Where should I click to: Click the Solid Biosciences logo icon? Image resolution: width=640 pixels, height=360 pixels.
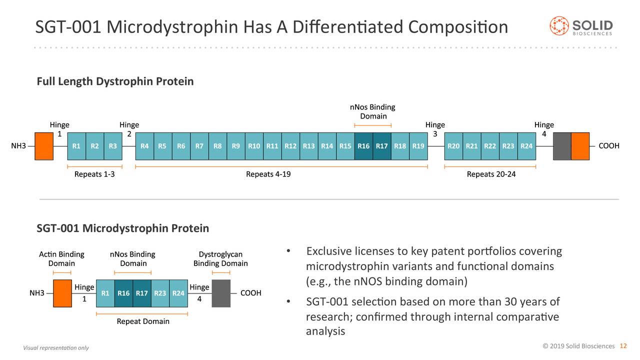tap(559, 26)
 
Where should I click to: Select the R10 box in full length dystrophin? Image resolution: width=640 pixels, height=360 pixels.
tap(254, 146)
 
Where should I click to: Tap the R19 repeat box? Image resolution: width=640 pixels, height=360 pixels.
tap(418, 146)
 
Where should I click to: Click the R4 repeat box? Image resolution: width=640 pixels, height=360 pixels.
tap(144, 146)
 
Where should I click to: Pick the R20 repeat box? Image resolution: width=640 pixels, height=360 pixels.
tap(453, 146)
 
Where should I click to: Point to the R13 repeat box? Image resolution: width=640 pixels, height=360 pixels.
tap(308, 146)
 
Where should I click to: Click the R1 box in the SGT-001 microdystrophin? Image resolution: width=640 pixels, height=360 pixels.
tap(105, 293)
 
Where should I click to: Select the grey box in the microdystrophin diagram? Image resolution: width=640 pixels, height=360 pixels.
tap(221, 293)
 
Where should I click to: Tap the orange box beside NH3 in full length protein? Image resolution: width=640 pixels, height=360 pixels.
tap(44, 146)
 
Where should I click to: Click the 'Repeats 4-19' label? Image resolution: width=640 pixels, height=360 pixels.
tap(268, 174)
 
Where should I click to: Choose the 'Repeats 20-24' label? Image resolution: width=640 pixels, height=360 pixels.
tap(491, 174)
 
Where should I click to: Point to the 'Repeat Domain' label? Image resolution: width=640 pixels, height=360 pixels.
tap(143, 321)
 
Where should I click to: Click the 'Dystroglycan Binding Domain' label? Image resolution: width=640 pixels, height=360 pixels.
tap(220, 259)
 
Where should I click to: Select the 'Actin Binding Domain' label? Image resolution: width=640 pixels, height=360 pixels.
tap(61, 259)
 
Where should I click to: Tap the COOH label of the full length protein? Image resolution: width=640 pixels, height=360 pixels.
tap(609, 146)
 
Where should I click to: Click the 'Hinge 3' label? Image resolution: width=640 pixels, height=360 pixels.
tap(435, 129)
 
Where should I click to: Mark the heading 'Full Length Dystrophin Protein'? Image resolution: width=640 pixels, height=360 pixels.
tap(115, 81)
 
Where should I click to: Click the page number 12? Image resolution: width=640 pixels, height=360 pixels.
tap(623, 346)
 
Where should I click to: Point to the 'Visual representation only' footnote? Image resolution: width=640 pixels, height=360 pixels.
tap(56, 348)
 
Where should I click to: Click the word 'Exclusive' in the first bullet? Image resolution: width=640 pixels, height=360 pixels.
tap(329, 250)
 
